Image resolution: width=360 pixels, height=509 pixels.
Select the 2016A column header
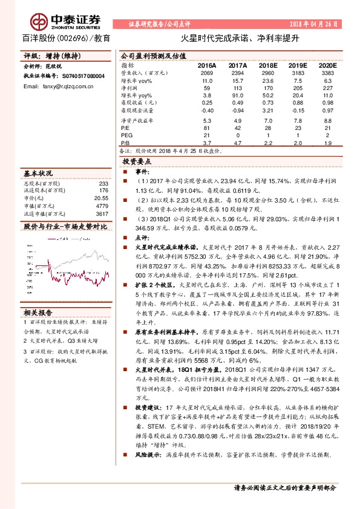(x=207, y=65)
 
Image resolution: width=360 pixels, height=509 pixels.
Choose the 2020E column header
(x=327, y=65)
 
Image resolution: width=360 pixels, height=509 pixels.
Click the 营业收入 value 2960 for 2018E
(x=267, y=73)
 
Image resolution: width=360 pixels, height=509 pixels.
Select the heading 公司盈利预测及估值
(x=149, y=53)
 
